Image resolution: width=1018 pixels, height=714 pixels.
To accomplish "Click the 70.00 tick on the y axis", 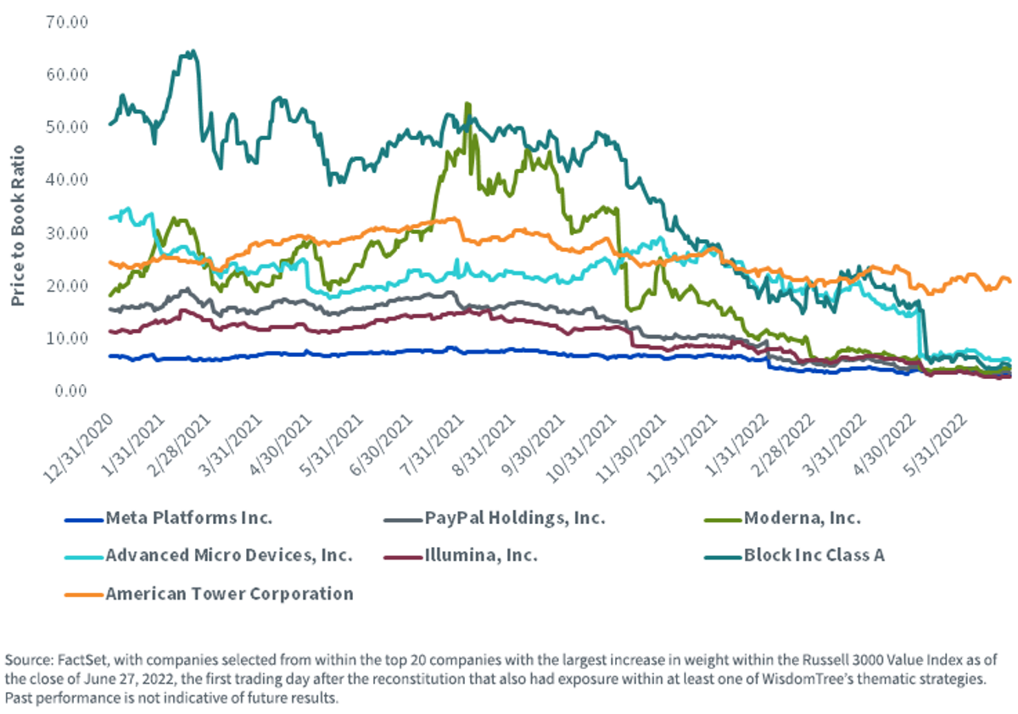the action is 67,22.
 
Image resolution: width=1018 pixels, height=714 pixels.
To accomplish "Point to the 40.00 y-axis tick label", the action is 67,180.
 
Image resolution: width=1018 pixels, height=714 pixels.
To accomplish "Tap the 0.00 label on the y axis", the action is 71,391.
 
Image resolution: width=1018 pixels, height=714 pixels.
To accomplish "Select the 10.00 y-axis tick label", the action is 67,338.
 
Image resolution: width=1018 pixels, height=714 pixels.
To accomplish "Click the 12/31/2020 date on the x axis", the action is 78,448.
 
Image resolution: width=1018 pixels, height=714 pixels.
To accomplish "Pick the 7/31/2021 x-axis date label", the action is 433,445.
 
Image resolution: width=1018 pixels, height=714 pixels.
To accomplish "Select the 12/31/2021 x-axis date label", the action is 682,448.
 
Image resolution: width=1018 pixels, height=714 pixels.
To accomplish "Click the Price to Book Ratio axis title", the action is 17,226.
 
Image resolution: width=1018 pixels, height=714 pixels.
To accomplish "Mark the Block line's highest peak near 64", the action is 193,52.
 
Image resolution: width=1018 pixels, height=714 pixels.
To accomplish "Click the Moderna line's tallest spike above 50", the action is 467,104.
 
